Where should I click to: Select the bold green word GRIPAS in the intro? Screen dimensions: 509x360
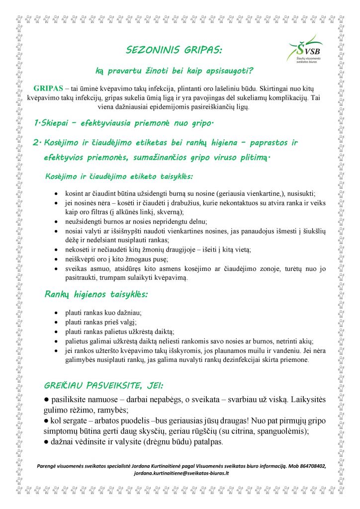coord(48,88)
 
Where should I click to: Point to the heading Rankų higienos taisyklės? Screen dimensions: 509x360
coord(96,294)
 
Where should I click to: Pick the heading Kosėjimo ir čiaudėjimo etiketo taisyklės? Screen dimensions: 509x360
coord(119,176)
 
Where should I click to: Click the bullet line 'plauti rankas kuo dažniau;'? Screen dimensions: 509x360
coord(103,313)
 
